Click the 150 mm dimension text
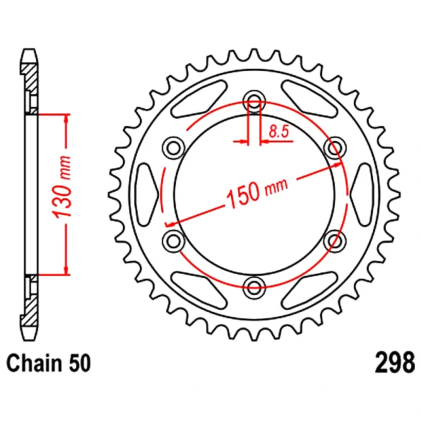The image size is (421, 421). [x=257, y=192]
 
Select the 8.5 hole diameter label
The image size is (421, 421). [x=279, y=131]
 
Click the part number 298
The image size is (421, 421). [x=395, y=362]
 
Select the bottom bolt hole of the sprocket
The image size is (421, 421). [x=254, y=287]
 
